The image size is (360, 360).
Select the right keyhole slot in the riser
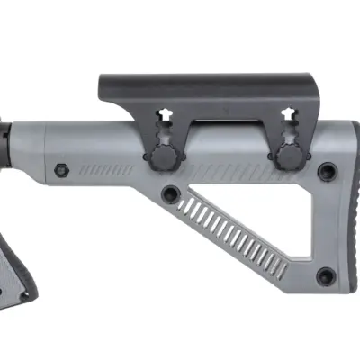pyautogui.click(x=288, y=114)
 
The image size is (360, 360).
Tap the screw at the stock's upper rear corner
pyautogui.click(x=327, y=171)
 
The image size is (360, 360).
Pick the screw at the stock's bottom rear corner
pyautogui.click(x=325, y=275)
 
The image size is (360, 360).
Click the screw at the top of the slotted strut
pyautogui.click(x=170, y=193)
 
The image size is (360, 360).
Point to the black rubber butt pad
pyautogui.click(x=349, y=216)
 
